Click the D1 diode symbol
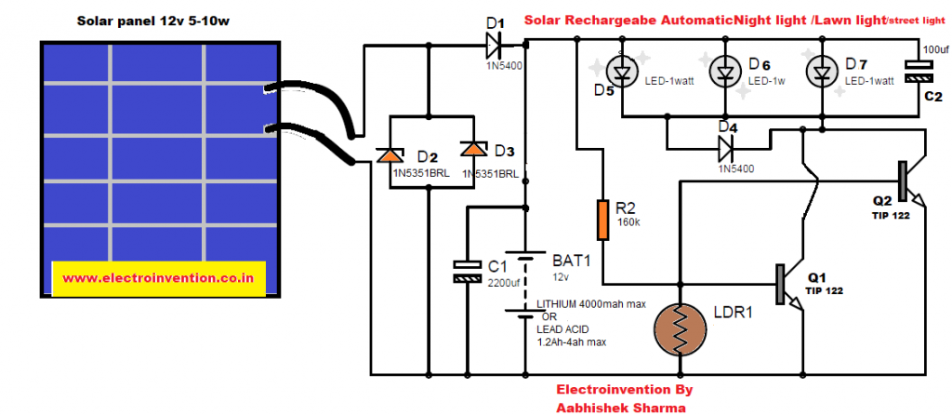pos(494,42)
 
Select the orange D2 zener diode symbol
pos(388,157)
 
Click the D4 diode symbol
pos(727,145)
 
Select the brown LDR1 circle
pos(681,329)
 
